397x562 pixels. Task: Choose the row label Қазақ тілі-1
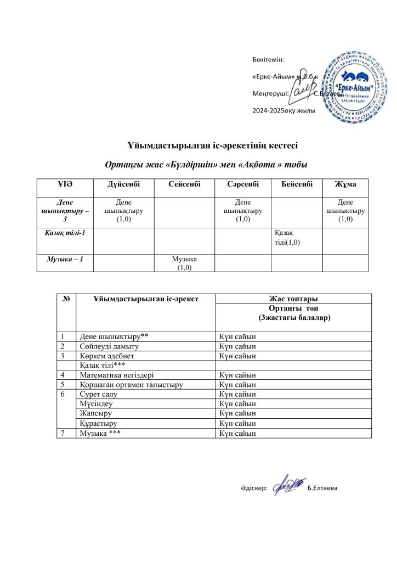coord(65,233)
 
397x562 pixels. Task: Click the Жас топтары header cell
coord(293,299)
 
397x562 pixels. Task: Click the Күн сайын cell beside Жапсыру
coord(237,413)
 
